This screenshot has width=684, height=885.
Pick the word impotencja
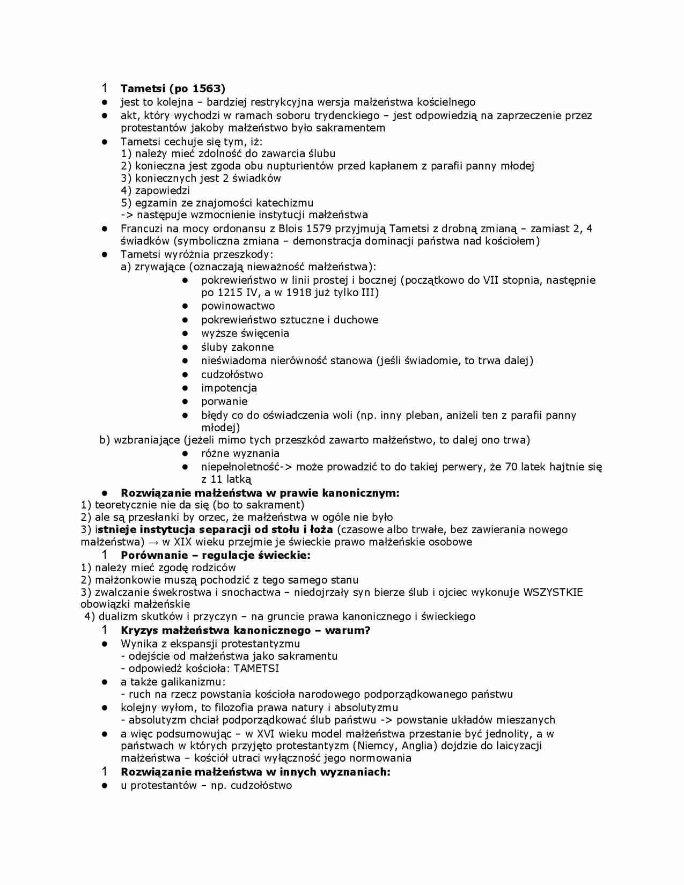229,388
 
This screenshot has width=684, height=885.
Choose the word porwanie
224,401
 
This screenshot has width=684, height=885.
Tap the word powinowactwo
238,306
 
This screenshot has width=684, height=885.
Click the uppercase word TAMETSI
256,668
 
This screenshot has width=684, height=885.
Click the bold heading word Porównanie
152,555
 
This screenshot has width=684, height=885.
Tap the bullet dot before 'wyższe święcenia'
185,334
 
